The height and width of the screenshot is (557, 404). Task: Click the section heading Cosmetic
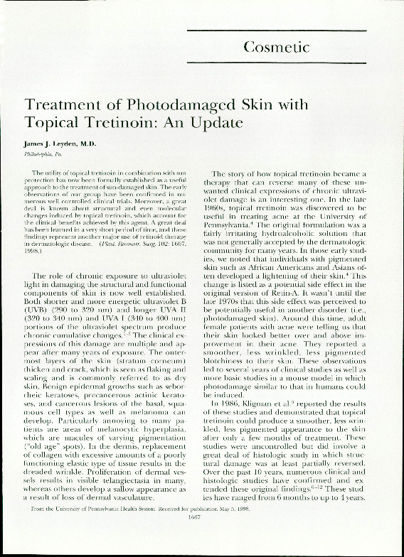[x=276, y=48]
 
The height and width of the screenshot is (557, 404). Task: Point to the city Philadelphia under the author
[x=37, y=152]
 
